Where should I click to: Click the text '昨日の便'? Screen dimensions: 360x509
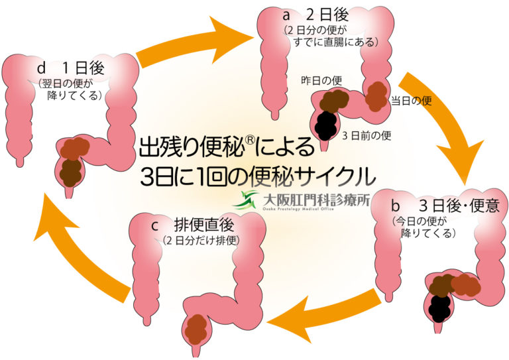(x=323, y=80)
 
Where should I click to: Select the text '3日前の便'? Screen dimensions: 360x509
(x=367, y=135)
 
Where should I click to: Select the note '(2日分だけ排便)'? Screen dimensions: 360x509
(x=200, y=240)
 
